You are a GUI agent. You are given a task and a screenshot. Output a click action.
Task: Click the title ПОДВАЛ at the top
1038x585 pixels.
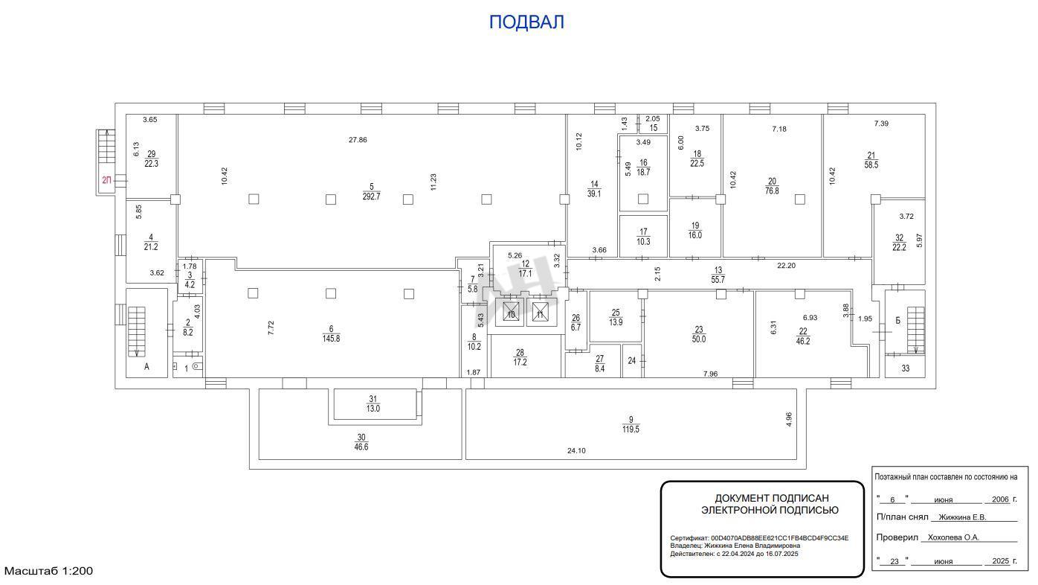526,22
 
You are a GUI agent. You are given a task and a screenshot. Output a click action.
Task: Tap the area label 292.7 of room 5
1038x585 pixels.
371,196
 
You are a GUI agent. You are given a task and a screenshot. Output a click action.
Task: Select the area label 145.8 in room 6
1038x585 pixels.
332,339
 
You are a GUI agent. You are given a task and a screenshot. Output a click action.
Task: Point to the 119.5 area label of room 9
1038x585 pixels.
631,429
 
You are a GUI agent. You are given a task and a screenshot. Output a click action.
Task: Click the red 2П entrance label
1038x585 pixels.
106,180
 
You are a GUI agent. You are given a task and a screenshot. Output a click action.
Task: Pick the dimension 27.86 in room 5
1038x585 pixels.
358,140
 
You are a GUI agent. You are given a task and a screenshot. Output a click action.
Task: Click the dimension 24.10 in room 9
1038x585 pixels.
576,450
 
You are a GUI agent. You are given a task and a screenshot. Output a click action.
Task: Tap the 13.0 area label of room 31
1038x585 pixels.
373,409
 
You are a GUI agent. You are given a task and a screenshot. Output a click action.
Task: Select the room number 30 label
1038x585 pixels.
361,438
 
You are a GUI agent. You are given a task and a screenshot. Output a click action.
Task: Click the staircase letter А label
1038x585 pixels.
146,367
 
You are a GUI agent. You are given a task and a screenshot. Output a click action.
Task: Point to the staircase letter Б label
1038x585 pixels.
898,321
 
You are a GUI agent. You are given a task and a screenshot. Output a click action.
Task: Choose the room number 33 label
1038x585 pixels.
906,368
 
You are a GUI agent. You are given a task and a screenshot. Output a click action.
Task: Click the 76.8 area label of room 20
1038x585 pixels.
772,191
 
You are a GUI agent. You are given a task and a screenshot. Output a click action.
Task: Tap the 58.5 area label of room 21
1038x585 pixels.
871,164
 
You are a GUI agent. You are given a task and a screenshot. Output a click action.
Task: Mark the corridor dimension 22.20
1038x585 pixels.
787,266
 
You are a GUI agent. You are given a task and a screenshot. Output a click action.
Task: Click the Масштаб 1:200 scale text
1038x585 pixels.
48,571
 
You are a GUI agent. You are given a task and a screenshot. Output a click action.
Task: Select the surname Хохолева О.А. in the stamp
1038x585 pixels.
953,537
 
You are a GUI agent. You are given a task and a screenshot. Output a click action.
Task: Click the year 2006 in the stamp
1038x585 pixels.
1001,499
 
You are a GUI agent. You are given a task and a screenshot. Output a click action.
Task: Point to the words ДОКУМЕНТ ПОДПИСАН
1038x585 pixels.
772,498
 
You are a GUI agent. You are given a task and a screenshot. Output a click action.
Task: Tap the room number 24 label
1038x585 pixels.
631,360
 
